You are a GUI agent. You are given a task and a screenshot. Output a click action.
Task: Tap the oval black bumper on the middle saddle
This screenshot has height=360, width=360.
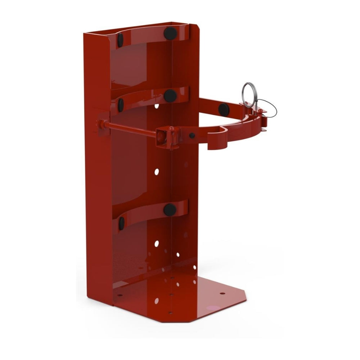point(121,105)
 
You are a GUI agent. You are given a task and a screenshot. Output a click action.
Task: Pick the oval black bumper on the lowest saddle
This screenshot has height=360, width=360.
point(121,223)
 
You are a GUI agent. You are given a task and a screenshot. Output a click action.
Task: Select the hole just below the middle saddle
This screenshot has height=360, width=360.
point(157,106)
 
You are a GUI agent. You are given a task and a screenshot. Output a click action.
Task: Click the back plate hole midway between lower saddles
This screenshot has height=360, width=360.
point(157,172)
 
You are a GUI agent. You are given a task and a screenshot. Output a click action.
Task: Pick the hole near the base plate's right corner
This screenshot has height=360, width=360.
point(222,293)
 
